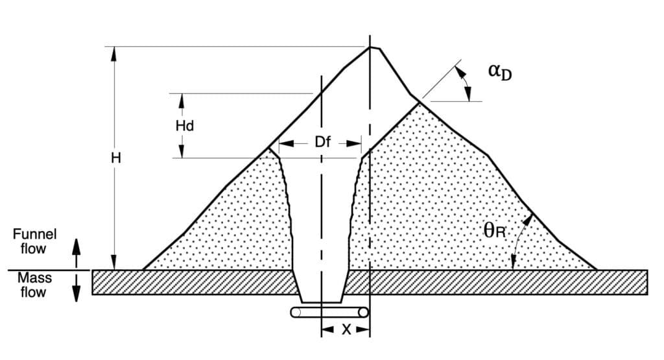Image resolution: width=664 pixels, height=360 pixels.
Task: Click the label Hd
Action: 185,126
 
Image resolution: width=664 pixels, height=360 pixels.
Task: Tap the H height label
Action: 116,158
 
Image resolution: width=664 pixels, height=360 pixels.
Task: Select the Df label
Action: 323,142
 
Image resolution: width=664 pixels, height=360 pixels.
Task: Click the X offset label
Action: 346,330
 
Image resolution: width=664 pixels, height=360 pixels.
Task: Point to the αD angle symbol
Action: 500,71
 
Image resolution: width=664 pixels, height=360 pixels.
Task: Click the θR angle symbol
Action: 495,231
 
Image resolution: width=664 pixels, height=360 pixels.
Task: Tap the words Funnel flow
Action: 34,241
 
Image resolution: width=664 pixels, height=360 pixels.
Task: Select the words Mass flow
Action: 34,285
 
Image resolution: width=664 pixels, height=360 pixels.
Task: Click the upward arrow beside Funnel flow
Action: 77,253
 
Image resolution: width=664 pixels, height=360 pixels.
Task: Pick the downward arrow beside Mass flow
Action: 77,287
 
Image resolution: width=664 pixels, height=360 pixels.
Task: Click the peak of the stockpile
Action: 370,47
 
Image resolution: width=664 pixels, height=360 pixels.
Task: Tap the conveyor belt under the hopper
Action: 329,313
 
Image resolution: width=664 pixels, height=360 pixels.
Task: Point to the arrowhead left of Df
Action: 286,143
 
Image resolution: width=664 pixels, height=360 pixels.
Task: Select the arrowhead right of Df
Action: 354,143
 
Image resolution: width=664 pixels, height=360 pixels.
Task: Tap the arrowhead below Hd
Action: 182,150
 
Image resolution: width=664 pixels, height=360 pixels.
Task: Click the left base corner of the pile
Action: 143,269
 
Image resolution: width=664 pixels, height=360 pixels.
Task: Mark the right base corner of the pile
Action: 597,269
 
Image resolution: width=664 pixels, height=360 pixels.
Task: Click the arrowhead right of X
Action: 362,329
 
